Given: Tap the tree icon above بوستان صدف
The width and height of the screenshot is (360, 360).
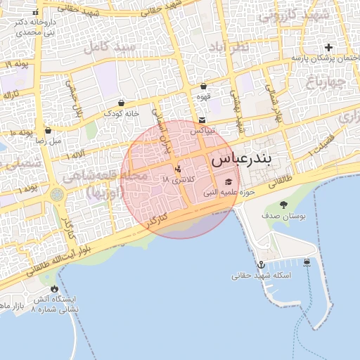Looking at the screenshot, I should (x=283, y=205).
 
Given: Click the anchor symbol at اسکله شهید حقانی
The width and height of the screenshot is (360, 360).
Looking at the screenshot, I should (x=261, y=264).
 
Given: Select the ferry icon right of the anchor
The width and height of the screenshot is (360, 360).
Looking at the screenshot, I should (x=307, y=262).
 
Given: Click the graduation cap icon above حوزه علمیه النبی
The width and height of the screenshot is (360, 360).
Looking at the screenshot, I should (x=227, y=181).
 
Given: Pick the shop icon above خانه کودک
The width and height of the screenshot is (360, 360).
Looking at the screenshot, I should (x=122, y=103).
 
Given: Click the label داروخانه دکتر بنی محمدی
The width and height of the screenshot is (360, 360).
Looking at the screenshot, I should (x=35, y=27).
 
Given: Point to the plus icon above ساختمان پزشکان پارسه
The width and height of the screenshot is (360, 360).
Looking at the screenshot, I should (x=328, y=47).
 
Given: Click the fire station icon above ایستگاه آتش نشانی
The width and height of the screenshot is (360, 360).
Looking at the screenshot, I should (x=55, y=289).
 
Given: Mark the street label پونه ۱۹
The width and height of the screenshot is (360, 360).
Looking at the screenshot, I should (x=15, y=65).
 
